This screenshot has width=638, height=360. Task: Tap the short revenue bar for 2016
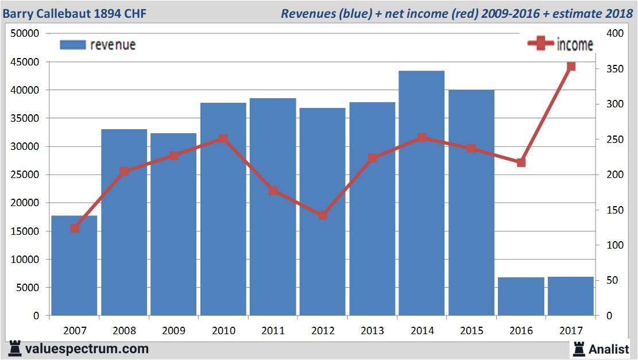521,296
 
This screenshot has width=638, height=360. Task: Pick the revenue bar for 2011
273,207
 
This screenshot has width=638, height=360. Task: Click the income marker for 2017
571,67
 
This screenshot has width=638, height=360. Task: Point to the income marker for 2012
323,215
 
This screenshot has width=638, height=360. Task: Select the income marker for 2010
223,138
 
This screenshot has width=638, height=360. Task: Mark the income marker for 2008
124,171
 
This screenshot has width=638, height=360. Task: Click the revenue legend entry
98,45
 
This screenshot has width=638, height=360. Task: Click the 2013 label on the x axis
372,331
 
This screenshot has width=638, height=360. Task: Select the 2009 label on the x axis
173,331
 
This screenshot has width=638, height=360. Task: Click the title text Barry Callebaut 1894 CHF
75,13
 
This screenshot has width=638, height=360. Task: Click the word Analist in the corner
609,349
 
